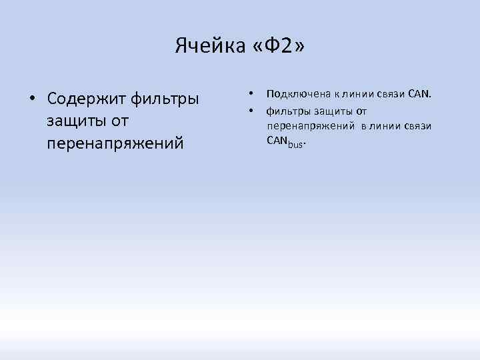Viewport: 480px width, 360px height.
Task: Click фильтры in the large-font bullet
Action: (x=165, y=99)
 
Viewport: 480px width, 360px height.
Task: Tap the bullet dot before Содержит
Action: (x=31, y=99)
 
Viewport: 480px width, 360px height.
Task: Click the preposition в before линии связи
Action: (x=365, y=125)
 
